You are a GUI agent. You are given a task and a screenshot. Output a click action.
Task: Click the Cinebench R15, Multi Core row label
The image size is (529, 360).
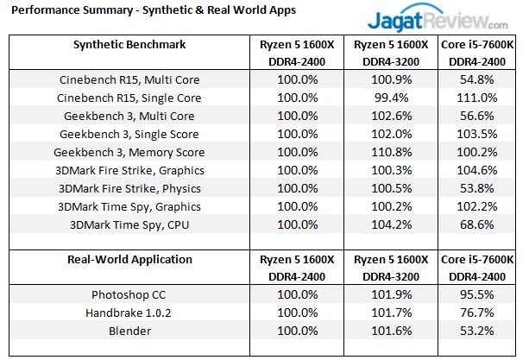click(130, 79)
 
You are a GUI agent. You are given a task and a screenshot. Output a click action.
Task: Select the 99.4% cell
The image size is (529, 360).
click(387, 98)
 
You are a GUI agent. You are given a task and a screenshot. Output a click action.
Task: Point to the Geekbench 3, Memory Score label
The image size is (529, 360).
click(129, 152)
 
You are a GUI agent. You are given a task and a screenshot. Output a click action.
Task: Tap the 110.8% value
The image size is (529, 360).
click(387, 152)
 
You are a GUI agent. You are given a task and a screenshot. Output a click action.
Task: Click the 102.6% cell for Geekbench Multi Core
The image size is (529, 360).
click(387, 116)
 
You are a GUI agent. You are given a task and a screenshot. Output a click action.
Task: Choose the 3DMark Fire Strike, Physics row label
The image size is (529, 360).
click(129, 188)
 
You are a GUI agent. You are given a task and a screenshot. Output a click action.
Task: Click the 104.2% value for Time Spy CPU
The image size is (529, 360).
click(387, 224)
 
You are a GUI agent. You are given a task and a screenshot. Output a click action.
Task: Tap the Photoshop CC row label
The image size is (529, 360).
click(130, 294)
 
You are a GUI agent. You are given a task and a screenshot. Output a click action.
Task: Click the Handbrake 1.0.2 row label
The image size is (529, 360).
click(130, 313)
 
